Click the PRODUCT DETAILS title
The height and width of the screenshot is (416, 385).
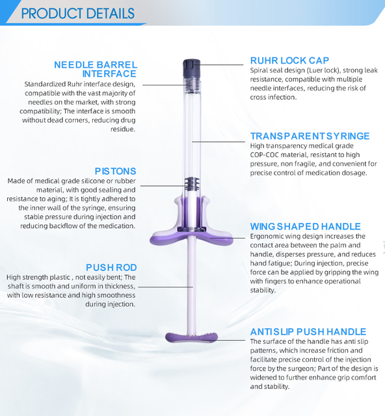pyautogui.click(x=77, y=14)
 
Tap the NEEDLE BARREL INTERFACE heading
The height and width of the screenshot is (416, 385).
pyautogui.click(x=96, y=70)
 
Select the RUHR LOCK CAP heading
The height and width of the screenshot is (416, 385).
pyautogui.click(x=289, y=60)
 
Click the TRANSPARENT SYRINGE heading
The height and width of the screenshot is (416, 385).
pyautogui.click(x=310, y=136)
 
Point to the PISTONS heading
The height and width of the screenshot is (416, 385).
pyautogui.click(x=116, y=171)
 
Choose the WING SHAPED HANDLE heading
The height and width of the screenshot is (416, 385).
pyautogui.click(x=306, y=226)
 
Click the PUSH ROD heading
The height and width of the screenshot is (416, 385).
pyautogui.click(x=111, y=267)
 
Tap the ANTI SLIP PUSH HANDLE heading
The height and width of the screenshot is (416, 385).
pyautogui.click(x=308, y=331)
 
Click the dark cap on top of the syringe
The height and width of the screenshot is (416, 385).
pyautogui.click(x=191, y=68)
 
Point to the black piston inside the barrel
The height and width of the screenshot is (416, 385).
pyautogui.click(x=192, y=184)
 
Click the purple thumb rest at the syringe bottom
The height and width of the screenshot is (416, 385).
pyautogui.click(x=192, y=337)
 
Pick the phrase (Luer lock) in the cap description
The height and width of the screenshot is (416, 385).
pyautogui.click(x=323, y=70)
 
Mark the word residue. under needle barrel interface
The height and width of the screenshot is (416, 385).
pyautogui.click(x=123, y=129)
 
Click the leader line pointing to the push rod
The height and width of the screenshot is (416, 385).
pyautogui.click(x=165, y=287)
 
